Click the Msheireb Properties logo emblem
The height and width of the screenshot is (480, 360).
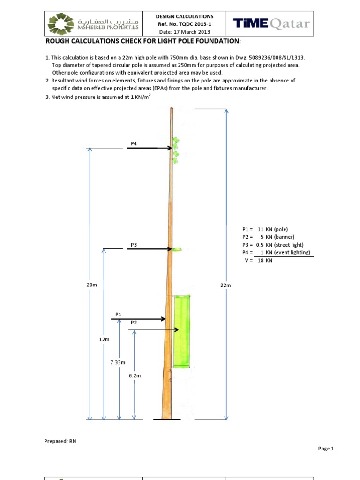(61, 23)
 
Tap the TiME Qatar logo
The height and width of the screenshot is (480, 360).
(272, 23)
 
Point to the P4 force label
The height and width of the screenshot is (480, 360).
(134, 143)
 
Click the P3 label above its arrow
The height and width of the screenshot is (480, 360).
(134, 245)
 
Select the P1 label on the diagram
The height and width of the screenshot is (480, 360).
(118, 314)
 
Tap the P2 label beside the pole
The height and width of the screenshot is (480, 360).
(134, 322)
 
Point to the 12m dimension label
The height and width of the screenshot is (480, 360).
(104, 338)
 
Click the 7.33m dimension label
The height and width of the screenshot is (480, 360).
(118, 362)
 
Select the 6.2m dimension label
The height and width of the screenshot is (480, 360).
(135, 375)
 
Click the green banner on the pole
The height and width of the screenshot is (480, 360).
(182, 331)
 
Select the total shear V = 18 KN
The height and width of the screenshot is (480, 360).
(258, 260)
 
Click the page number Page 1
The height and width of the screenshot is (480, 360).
(326, 449)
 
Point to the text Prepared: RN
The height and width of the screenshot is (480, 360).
(60, 441)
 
